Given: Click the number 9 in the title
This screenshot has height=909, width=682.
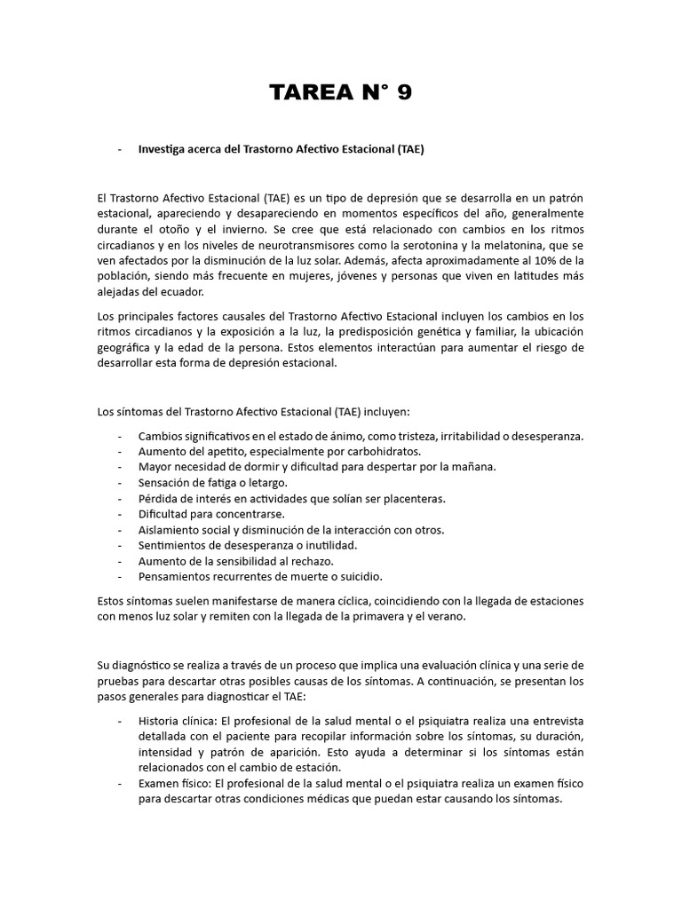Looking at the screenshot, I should click(x=403, y=93).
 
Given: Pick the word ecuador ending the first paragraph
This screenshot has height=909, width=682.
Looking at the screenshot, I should click(x=179, y=292).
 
